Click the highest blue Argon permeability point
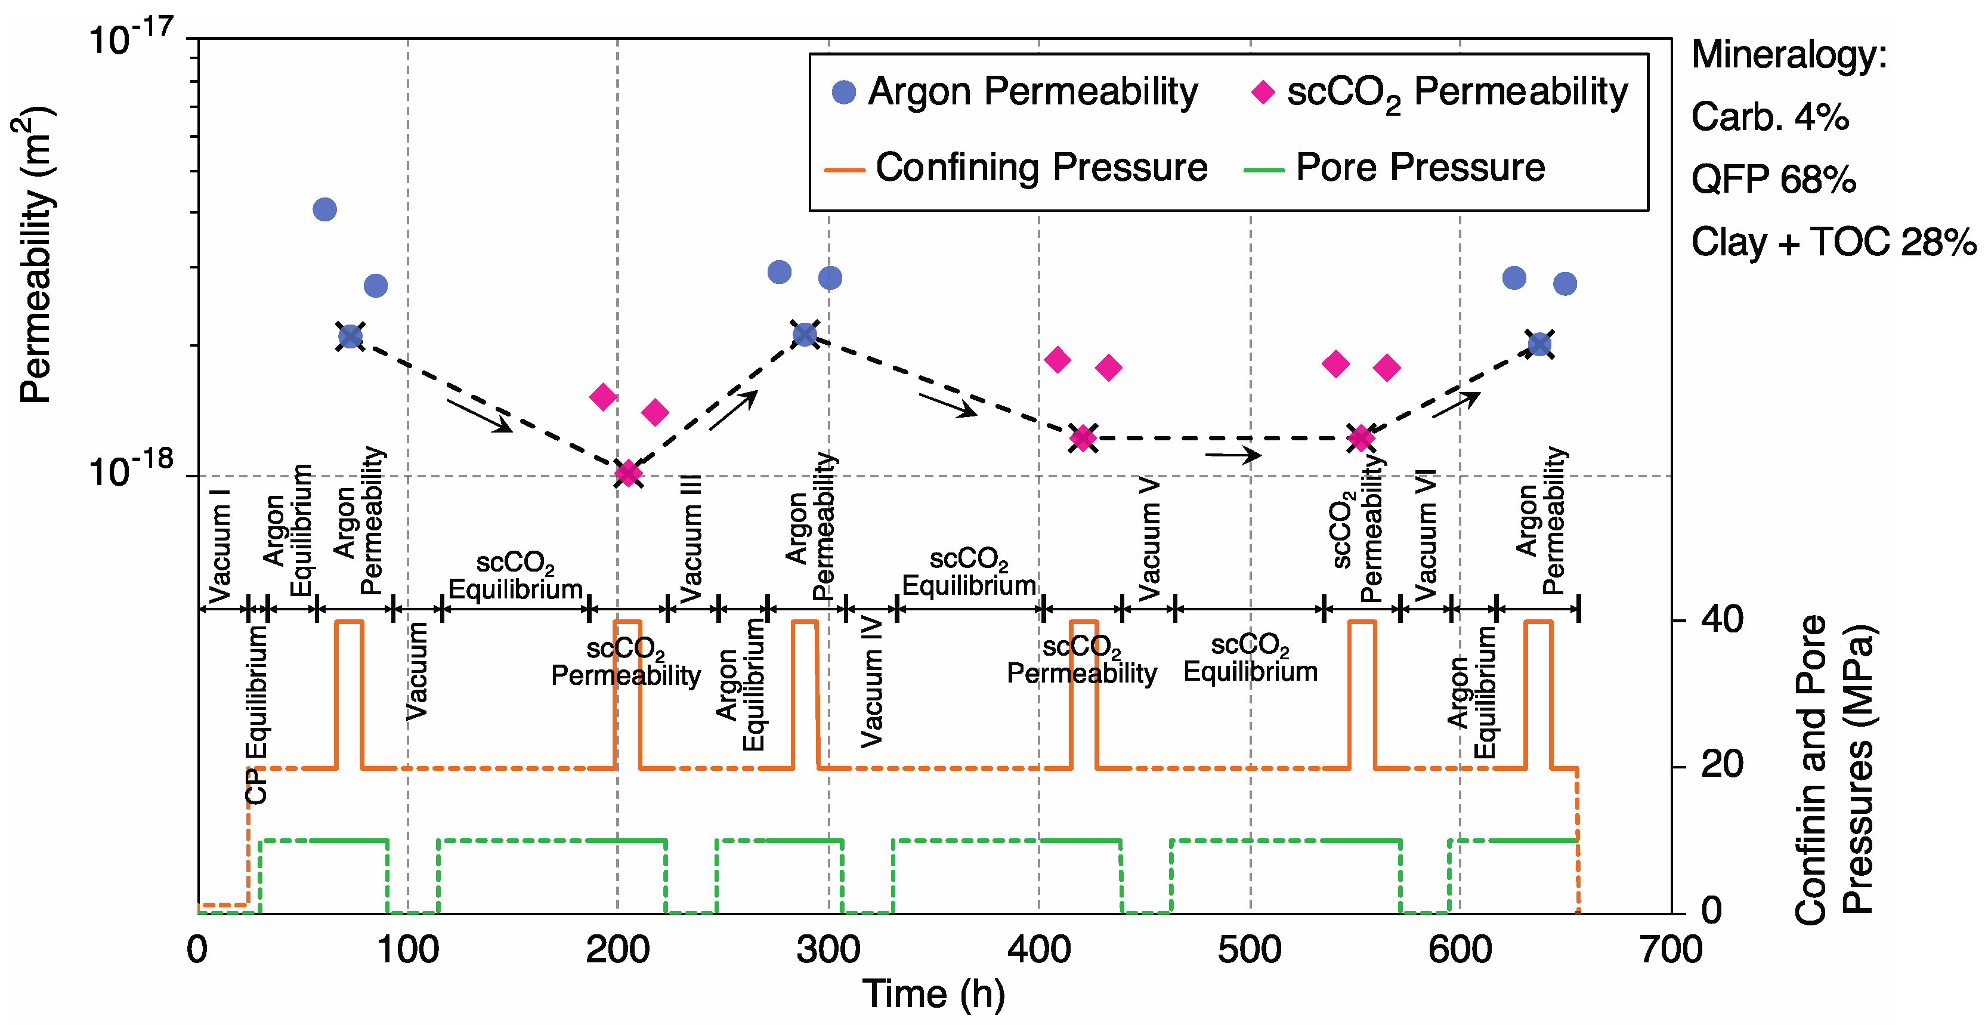coord(324,209)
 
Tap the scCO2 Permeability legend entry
coord(1441,92)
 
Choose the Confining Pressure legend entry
coord(1017,167)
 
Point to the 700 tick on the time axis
coord(1671,949)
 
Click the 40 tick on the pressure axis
coord(1721,620)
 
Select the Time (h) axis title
coord(933,994)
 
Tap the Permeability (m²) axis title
coord(34,254)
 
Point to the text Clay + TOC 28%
coord(1833,242)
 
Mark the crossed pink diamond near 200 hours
coord(628,474)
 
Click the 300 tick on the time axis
coord(829,949)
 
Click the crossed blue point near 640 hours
coord(1539,344)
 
